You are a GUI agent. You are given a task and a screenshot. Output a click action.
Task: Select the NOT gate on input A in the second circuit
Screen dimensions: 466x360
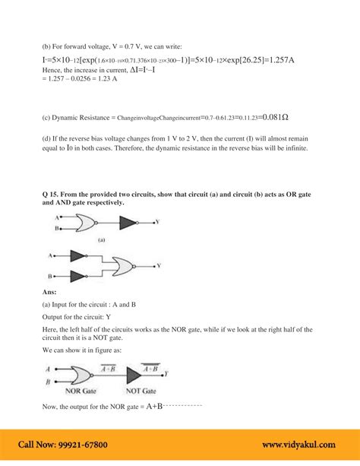pos(79,255)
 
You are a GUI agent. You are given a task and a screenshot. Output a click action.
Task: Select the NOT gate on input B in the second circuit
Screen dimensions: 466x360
pos(79,277)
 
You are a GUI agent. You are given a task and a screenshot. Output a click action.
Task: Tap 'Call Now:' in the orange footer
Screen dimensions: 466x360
pos(36,445)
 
